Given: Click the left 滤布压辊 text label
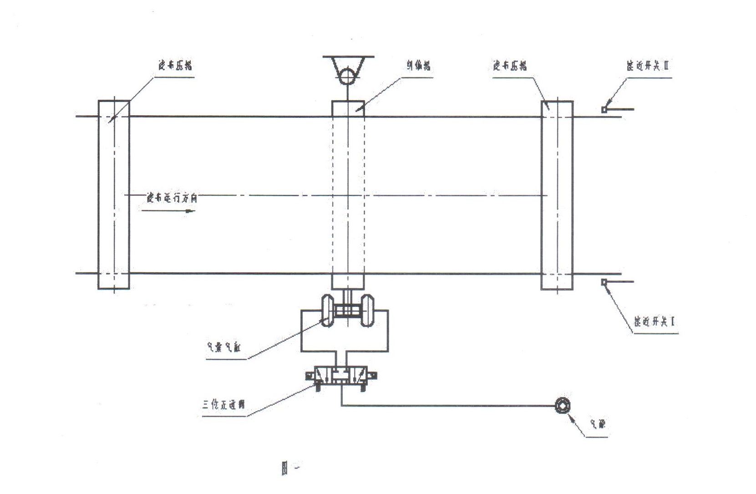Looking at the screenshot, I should [x=175, y=66].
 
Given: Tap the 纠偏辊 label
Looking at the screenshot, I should [x=419, y=66].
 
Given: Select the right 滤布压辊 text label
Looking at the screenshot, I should [x=510, y=66].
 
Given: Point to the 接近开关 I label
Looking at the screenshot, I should [x=655, y=321].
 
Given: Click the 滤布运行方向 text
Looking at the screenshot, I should [x=172, y=198].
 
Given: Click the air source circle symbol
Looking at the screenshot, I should [x=563, y=406].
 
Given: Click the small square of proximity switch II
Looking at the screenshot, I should [x=604, y=110].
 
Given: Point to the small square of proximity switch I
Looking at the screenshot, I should [x=604, y=282].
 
